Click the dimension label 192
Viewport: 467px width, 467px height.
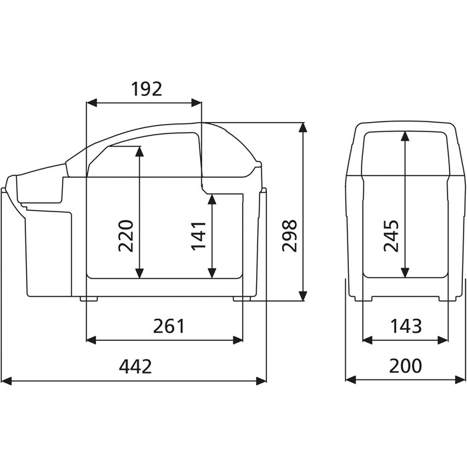147,89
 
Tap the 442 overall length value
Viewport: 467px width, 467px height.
135,366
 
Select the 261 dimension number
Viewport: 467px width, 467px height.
169,326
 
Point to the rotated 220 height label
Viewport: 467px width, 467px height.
125,236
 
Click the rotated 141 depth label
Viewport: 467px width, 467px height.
198,236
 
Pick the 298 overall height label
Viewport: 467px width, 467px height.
290,236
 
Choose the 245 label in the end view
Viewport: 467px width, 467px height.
391,236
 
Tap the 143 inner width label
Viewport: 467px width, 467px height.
406,326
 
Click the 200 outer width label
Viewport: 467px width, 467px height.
406,366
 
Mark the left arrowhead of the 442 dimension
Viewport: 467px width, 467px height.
7,381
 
